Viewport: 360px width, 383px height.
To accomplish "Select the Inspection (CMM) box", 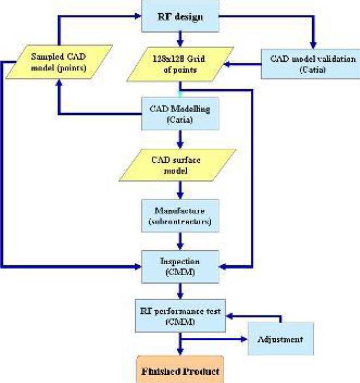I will click(180, 266).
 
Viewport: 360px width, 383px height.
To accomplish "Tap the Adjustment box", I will click(281, 339).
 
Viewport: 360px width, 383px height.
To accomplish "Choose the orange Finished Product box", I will click(180, 371).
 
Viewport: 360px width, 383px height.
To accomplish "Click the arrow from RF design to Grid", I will click(180, 39).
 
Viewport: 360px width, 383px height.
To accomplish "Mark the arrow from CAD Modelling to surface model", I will click(180, 139).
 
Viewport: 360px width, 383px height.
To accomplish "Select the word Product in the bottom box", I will click(200, 372).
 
